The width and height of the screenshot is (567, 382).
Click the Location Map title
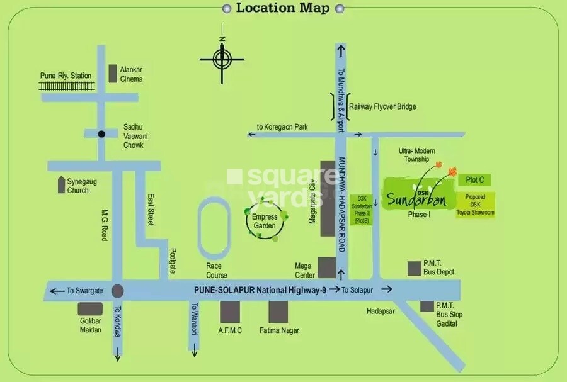pyautogui.click(x=283, y=8)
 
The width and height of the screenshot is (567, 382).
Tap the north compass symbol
pyautogui.click(x=222, y=60)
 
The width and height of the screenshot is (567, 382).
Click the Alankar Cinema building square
pyautogui.click(x=113, y=74)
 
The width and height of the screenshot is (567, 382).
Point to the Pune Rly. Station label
pyautogui.click(x=66, y=76)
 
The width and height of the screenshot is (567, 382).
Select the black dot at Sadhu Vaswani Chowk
pyautogui.click(x=101, y=133)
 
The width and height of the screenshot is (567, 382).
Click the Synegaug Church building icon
pyautogui.click(x=61, y=185)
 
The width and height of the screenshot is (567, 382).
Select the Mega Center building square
pyautogui.click(x=326, y=267)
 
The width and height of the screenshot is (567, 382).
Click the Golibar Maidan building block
pyautogui.click(x=90, y=309)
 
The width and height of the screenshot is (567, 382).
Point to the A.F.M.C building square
pyautogui.click(x=230, y=312)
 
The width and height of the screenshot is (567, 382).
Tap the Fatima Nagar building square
pyautogui.click(x=278, y=312)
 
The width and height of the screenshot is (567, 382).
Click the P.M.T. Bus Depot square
pyautogui.click(x=414, y=269)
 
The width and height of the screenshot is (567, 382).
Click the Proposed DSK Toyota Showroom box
pyautogui.click(x=476, y=205)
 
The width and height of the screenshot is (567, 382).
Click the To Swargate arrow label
pyautogui.click(x=76, y=291)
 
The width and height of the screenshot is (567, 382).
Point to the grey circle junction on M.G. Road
pyautogui.click(x=117, y=291)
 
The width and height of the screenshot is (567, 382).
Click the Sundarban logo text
pyautogui.click(x=416, y=199)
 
